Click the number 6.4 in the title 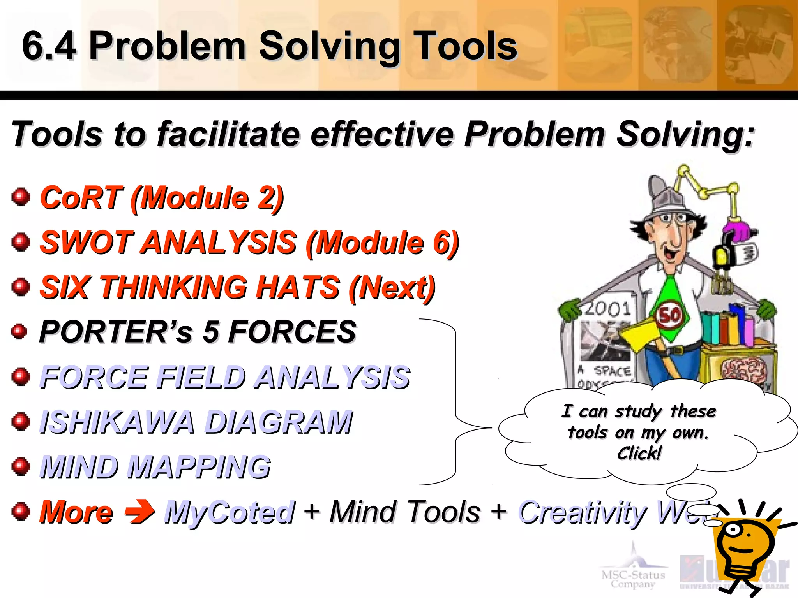49,46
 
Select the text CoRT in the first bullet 81,198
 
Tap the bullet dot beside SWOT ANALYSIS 21,242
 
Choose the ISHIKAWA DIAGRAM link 196,422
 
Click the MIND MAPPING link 155,467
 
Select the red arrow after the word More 140,512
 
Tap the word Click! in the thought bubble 639,453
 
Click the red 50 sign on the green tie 670,315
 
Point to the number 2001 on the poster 608,309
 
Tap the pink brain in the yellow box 743,370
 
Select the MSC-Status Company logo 633,568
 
